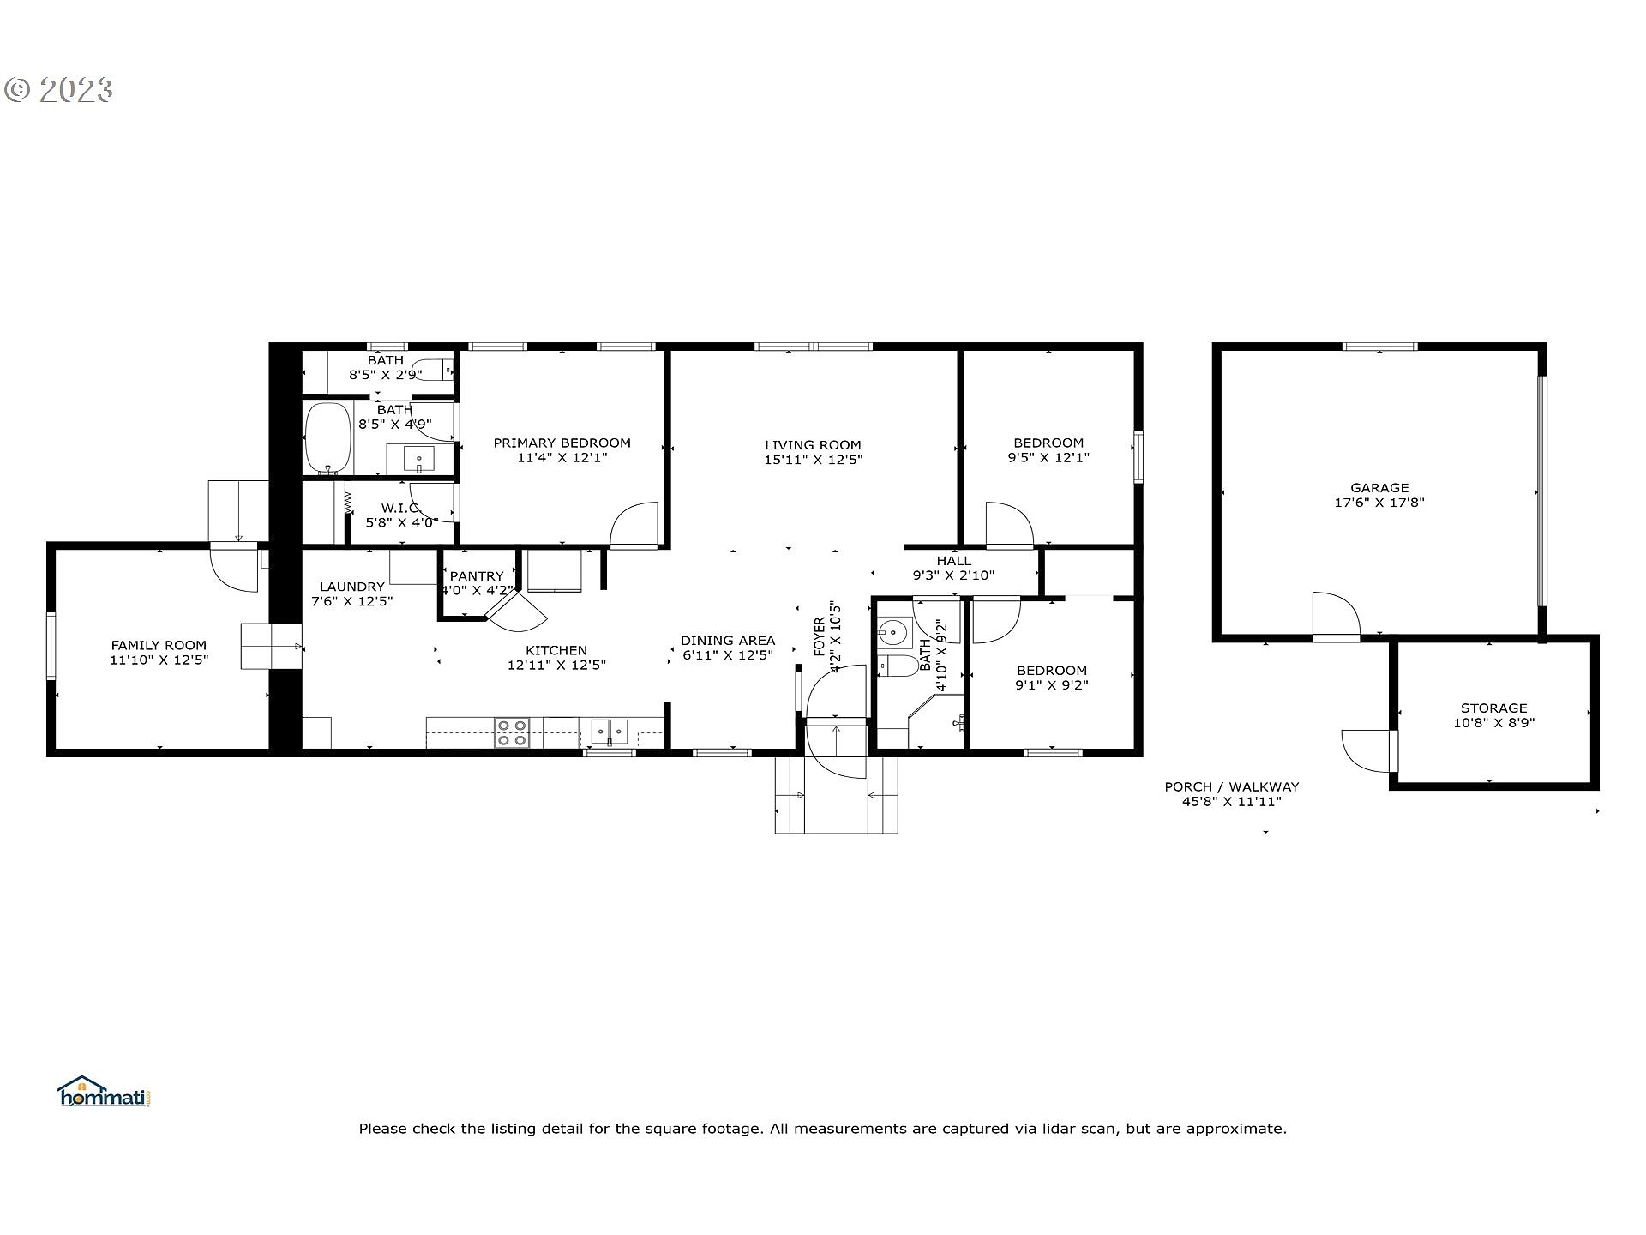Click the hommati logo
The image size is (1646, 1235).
point(105,1092)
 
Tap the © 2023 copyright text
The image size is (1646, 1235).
point(58,90)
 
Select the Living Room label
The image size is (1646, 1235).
point(813,445)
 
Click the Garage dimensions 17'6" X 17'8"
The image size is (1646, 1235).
point(1379,503)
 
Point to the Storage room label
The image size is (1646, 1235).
point(1494,708)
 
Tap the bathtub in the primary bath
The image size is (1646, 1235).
point(329,437)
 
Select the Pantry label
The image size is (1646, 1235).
point(477,576)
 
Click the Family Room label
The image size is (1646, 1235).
point(159,646)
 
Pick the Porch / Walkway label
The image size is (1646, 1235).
point(1232,787)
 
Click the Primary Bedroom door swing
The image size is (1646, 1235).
point(634,525)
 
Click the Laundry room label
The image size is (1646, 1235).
point(351,587)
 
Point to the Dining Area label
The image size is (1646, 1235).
point(728,641)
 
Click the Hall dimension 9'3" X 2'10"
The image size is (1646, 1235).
point(953,576)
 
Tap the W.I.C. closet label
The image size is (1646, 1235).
point(399,508)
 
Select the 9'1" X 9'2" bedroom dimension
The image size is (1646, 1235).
point(1051,685)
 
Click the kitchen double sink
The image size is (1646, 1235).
point(610,732)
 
